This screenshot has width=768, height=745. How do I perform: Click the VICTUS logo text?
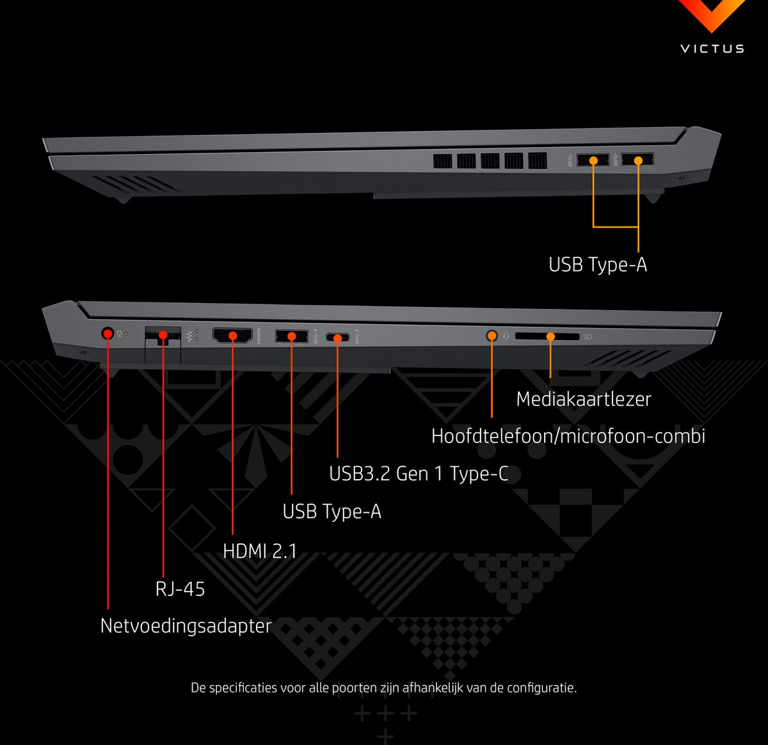(712, 49)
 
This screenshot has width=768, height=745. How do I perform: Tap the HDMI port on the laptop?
(232, 336)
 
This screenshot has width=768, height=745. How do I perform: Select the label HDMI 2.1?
(260, 551)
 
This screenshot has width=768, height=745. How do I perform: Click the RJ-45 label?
(180, 589)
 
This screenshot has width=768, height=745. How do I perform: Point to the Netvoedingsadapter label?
(186, 626)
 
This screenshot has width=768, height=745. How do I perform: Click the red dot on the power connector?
(108, 334)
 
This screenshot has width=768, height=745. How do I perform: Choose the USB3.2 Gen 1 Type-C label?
(419, 474)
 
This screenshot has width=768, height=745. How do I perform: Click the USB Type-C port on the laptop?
(337, 338)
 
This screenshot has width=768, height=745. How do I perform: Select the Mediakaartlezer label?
(584, 399)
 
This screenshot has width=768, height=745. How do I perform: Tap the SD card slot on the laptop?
(547, 336)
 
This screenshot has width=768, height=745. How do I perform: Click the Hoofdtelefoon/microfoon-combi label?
(568, 436)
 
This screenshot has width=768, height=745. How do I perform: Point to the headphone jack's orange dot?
(492, 336)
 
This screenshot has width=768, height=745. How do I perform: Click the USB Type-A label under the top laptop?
(598, 265)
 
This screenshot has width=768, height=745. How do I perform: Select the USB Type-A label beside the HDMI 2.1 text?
(332, 512)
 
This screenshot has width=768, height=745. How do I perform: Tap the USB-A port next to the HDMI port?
(292, 336)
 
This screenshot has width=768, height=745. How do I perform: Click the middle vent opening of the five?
(490, 161)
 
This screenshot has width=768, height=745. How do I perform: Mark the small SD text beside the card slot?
(588, 337)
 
